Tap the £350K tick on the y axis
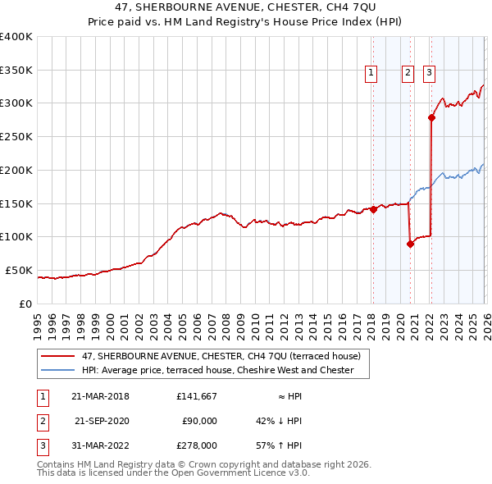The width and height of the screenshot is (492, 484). coord(16,71)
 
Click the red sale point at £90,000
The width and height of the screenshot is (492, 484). coord(410,243)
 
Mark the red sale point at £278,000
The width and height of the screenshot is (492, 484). coord(432,118)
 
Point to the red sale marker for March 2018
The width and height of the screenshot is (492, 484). coord(373,209)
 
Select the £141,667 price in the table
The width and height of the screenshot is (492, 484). coord(196,396)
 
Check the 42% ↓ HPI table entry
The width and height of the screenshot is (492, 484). coord(279,421)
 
